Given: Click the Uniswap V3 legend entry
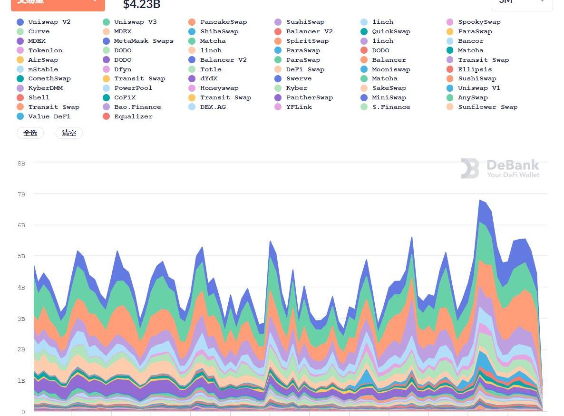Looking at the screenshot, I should coord(135,22).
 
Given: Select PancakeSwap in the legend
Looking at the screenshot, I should coord(223,22).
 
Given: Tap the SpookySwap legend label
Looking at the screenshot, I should coord(479,22).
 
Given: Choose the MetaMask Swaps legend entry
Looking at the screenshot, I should coord(144,41).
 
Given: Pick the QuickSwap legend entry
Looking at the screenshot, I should coord(391,31).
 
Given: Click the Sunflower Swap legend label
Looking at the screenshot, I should coord(487,107).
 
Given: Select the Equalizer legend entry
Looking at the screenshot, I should coord(133,116).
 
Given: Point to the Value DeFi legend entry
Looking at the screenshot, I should coord(49,116).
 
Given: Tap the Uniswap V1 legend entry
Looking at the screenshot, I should coord(479,88).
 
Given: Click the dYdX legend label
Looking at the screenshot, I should coord(209,78).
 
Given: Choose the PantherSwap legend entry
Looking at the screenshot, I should coord(309,97).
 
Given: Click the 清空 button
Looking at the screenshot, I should coord(69,133).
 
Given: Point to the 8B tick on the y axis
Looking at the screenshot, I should coord(21,163).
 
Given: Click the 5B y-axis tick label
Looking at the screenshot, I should coord(21,256).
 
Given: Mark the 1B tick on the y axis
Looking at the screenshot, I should coord(21,381).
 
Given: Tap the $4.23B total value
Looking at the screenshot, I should coord(141,5).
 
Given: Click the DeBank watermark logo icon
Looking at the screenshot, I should coord(470,169).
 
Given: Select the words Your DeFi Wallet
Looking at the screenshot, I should coord(513,175).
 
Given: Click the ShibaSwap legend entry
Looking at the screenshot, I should coord(219,31).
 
